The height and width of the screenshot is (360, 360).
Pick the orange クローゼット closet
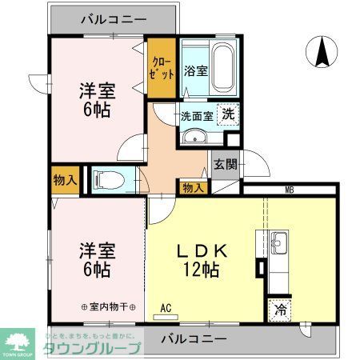click(x=162, y=69)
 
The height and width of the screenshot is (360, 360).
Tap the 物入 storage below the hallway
click(x=192, y=188)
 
